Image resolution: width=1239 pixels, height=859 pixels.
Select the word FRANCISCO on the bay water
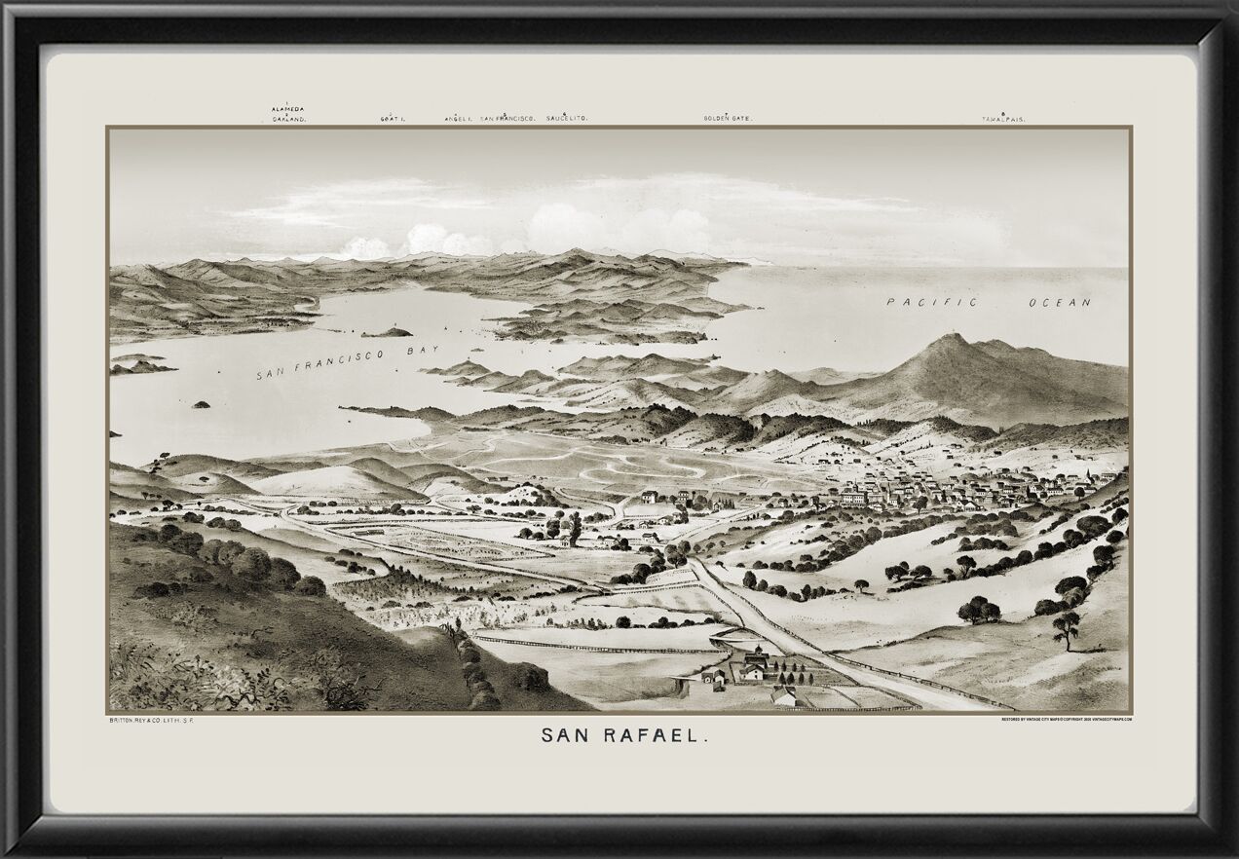[x=347, y=361]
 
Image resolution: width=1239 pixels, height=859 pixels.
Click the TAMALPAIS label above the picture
[x=1003, y=119]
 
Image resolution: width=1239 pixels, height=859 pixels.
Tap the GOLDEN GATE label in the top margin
[x=728, y=118]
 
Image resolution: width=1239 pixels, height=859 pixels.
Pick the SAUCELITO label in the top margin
[x=567, y=118]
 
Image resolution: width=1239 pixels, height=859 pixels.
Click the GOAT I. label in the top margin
[x=393, y=119]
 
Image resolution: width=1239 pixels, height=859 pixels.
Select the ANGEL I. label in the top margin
[x=458, y=118]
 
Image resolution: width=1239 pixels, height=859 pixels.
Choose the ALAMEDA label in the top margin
[x=289, y=108]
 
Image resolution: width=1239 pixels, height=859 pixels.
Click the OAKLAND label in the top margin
[x=289, y=119]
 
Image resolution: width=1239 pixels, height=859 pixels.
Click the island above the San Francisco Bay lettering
[x=387, y=332]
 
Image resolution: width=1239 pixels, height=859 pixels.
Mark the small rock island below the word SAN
[x=202, y=404]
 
